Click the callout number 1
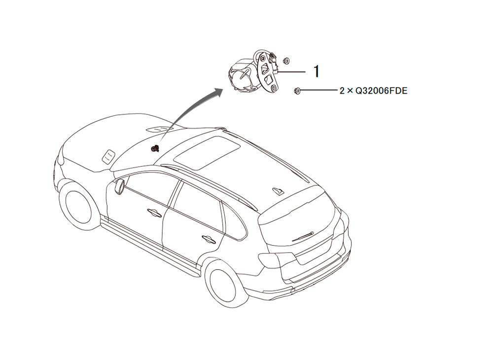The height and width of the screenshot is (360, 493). pos(317,72)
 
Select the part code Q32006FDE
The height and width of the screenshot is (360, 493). pos(382,91)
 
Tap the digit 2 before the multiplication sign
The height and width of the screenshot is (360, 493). pos(342,91)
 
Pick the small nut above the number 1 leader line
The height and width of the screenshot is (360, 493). pos(286,60)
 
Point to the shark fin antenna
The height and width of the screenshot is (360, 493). pos(278,191)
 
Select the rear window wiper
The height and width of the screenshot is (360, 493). pos(303,236)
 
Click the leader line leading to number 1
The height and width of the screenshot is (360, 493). pos(291,72)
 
